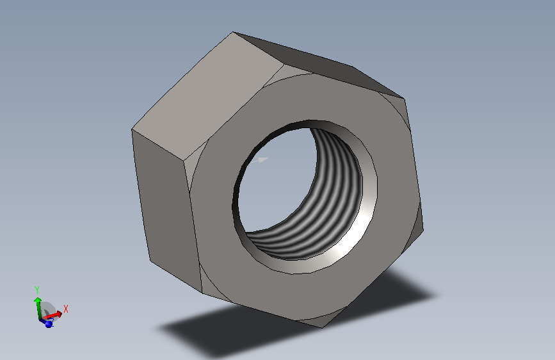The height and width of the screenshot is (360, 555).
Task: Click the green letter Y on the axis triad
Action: pos(37,290)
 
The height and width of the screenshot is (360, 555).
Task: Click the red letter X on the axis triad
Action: pos(65,309)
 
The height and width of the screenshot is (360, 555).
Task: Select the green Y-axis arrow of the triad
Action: pos(38,308)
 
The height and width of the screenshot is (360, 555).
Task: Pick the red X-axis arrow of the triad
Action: pos(52,315)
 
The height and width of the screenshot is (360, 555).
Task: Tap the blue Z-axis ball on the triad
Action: pos(49,324)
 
